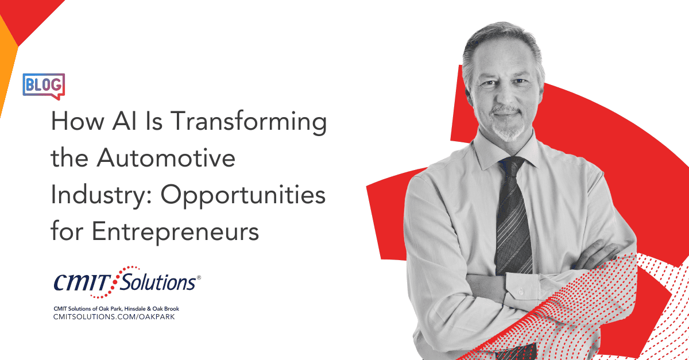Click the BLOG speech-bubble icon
point(44,86)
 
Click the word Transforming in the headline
point(248,122)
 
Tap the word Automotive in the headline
point(166,157)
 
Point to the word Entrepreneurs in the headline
point(175,233)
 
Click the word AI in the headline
point(124,121)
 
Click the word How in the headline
point(78,121)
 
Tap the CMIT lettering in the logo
point(82,282)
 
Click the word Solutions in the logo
point(157,282)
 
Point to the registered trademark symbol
point(199,277)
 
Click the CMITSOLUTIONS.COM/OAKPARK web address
point(114,317)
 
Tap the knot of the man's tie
point(510,167)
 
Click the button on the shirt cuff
point(521,291)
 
